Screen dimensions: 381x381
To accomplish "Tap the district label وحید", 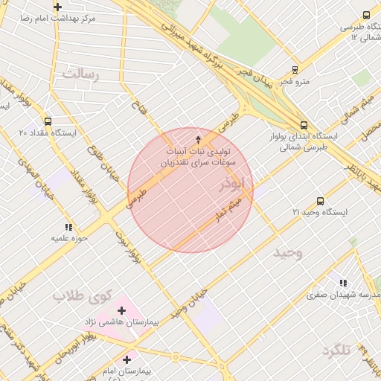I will click(x=287, y=252).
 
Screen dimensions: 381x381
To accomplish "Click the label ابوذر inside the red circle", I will click(x=231, y=182).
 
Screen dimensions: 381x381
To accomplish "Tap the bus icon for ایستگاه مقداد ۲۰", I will click(x=48, y=121).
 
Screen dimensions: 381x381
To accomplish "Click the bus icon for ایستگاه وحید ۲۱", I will click(x=320, y=201).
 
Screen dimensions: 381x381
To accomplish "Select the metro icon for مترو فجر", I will click(x=295, y=70).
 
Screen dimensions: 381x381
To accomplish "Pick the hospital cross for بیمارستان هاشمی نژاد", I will click(x=121, y=310).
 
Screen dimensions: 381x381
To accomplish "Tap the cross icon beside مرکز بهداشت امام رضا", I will click(x=57, y=7).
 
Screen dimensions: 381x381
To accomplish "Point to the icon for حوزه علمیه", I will click(x=68, y=227).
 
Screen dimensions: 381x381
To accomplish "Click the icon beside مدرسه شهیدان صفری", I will click(x=342, y=283).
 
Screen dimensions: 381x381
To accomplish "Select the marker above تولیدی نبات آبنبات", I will click(x=198, y=139).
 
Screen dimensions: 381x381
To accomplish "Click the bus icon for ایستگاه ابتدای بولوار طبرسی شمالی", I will click(x=303, y=125).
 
